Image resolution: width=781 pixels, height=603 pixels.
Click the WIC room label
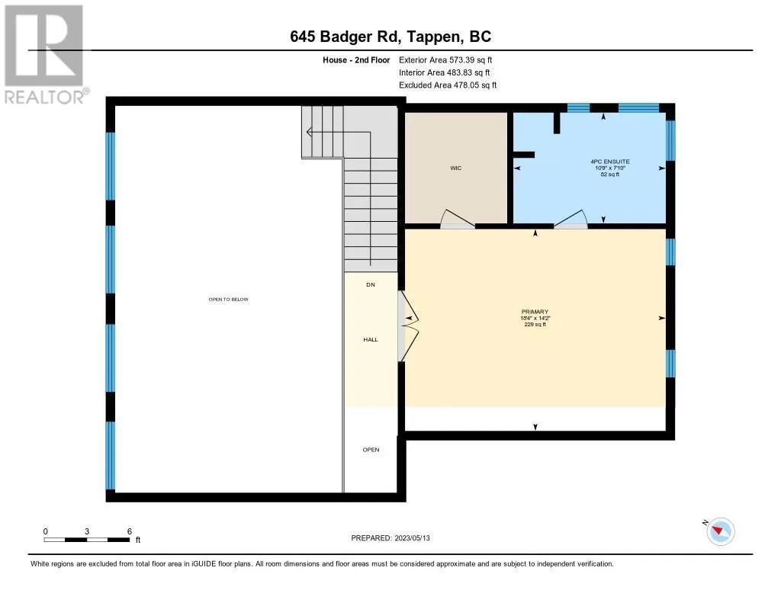(x=456, y=168)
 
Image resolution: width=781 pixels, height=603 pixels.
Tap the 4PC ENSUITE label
(x=609, y=162)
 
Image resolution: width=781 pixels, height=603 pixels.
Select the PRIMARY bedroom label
(x=535, y=312)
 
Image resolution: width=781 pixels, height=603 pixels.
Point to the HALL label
(x=371, y=339)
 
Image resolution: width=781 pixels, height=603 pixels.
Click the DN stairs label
(x=371, y=285)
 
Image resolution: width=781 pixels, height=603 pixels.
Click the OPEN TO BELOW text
(x=229, y=300)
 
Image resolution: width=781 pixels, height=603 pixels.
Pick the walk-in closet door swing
(x=458, y=219)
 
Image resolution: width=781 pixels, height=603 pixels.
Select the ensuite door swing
(x=570, y=219)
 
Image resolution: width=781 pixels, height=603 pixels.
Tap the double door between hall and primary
(x=409, y=326)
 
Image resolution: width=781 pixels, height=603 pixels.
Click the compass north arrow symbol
(x=720, y=531)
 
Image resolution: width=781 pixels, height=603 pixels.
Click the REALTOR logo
(x=45, y=55)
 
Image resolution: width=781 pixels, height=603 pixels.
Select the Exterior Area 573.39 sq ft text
(x=445, y=59)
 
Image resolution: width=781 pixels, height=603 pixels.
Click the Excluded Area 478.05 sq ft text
(x=448, y=85)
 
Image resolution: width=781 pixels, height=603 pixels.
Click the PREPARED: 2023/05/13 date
(x=390, y=538)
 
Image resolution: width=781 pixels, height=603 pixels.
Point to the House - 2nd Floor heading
(x=356, y=59)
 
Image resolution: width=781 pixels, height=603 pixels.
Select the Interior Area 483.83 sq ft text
(x=445, y=72)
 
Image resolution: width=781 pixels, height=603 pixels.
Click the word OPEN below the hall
(x=371, y=450)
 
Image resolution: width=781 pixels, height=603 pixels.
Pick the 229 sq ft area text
(x=535, y=325)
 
